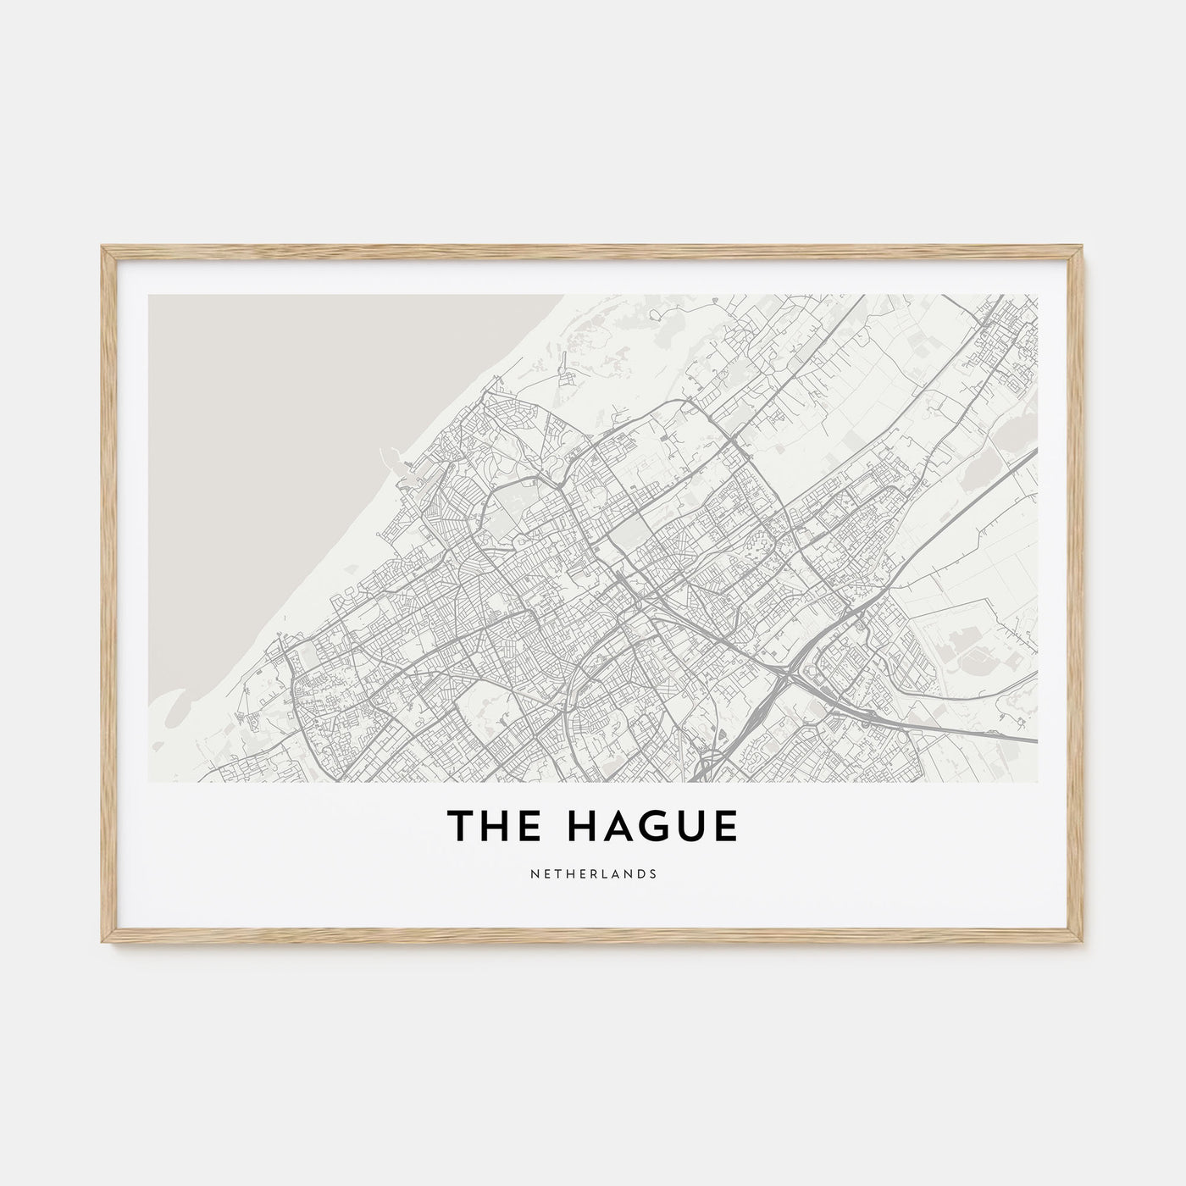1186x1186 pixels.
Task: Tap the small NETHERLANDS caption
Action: coord(593,873)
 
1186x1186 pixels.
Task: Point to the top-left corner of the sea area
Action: coord(150,296)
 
